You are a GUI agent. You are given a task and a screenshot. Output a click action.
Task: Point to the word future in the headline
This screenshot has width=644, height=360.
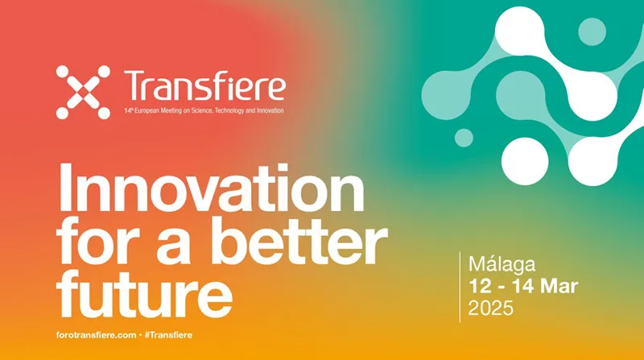coord(146,290)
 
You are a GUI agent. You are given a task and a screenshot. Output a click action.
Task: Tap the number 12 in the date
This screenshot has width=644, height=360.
coord(484,286)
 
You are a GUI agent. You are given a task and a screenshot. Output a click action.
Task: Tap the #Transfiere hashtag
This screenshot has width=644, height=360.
coord(167,333)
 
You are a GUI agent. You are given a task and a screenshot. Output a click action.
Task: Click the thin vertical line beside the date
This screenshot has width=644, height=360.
coord(460,286)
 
